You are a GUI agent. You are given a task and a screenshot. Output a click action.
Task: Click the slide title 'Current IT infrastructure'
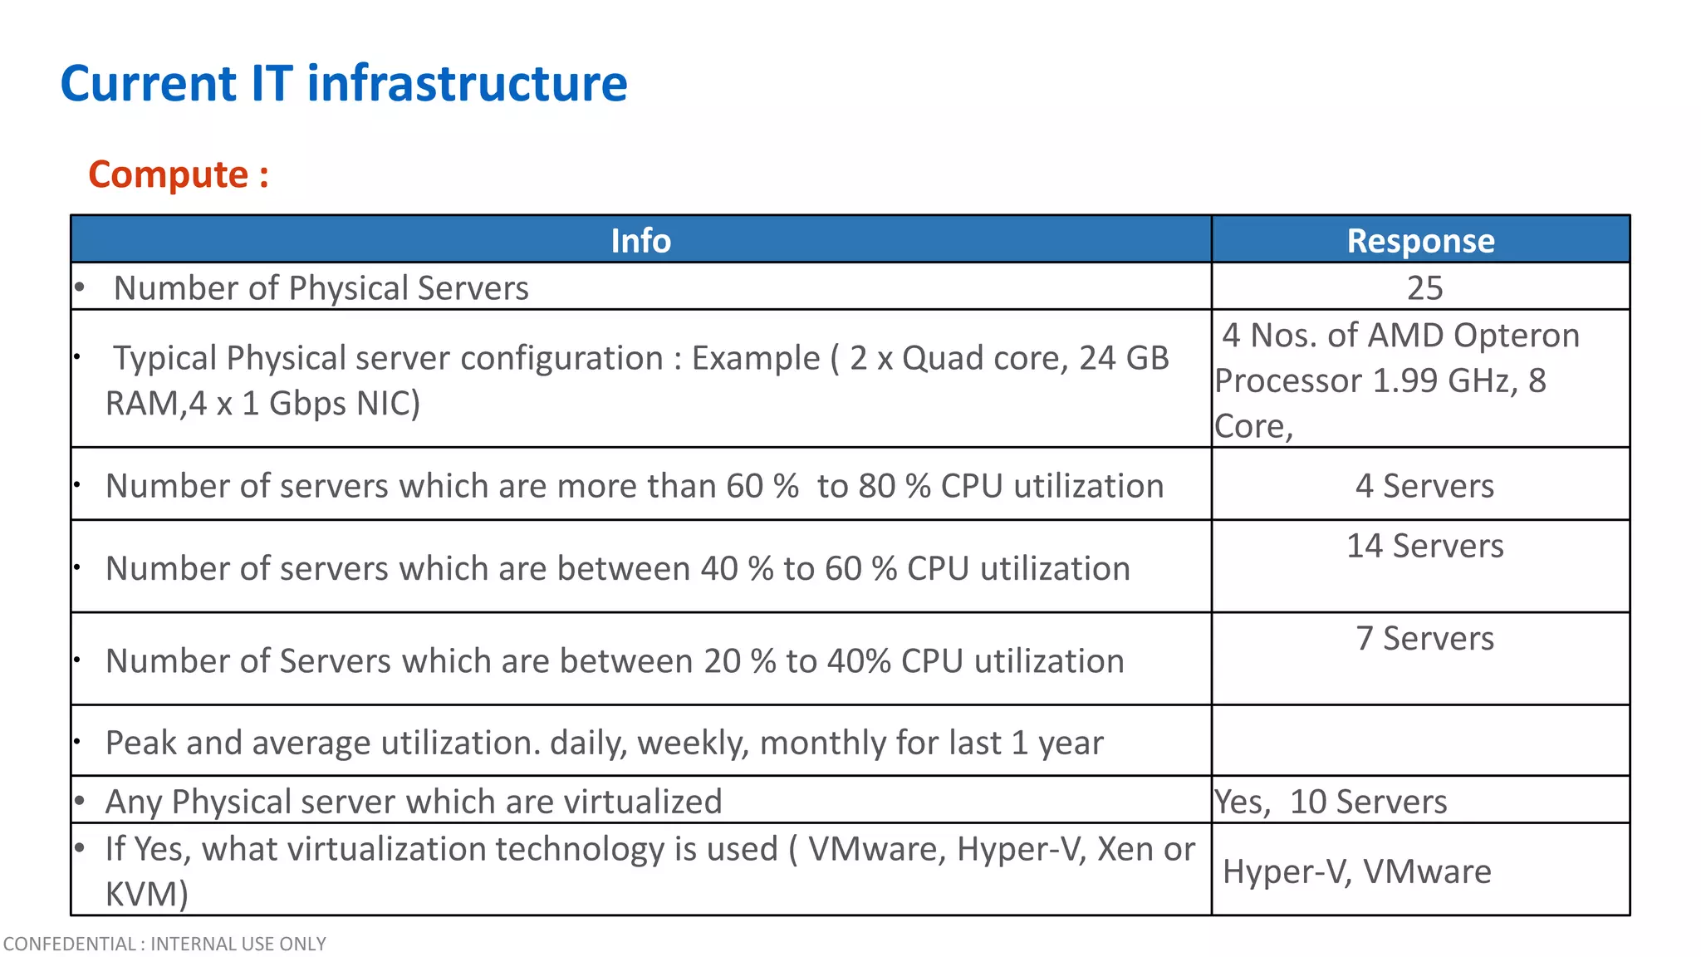[344, 84]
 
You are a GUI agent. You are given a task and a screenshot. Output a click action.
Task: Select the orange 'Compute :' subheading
[179, 174]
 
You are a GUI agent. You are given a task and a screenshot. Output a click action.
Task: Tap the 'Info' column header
[640, 240]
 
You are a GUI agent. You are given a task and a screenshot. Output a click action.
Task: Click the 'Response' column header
[1420, 240]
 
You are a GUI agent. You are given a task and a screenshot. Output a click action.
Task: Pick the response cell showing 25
[1424, 288]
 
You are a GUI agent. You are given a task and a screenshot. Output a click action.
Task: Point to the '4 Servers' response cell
[1424, 486]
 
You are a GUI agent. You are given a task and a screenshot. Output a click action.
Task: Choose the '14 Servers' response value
[1424, 546]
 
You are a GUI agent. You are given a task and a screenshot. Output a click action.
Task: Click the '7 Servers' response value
[1424, 638]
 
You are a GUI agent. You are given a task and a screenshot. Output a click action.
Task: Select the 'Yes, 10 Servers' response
[1331, 802]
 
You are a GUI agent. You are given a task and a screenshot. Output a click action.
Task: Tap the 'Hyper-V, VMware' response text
[1357, 871]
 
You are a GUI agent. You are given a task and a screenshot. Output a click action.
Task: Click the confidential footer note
[164, 944]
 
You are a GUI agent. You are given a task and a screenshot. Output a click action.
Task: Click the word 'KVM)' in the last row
[147, 894]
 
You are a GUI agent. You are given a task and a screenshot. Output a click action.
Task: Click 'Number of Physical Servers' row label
[321, 288]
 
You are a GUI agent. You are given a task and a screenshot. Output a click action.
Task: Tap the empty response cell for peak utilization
[1420, 741]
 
